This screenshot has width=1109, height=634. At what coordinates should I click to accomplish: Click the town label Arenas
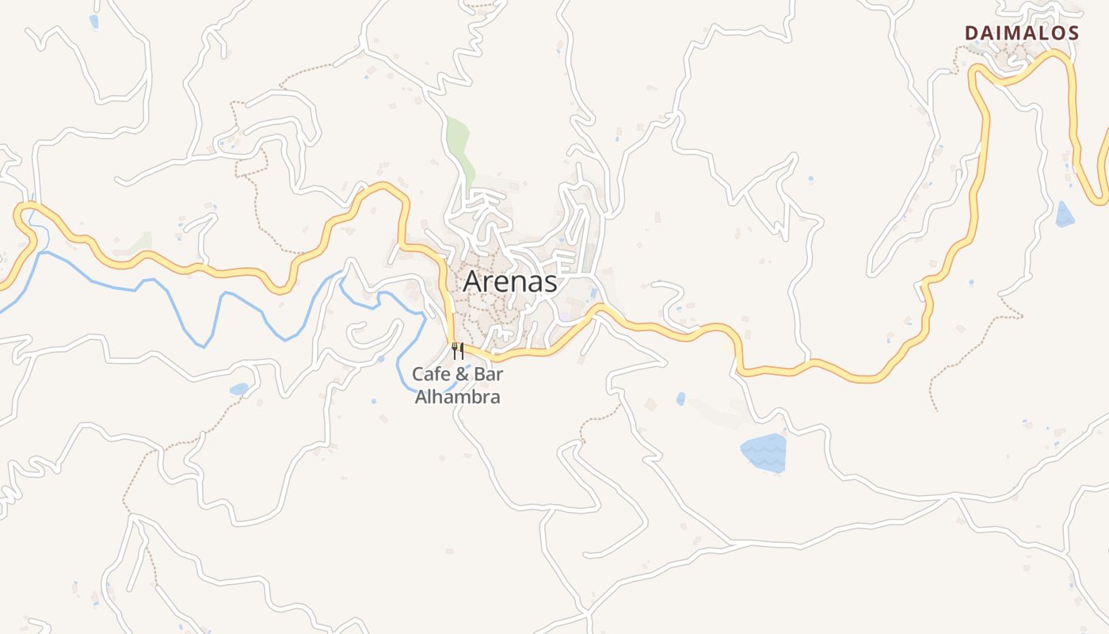[x=510, y=281]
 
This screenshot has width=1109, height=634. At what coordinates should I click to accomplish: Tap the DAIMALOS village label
[x=1022, y=33]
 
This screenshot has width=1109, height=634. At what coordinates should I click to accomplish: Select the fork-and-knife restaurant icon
[x=458, y=350]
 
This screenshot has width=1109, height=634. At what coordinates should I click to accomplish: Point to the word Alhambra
[x=458, y=396]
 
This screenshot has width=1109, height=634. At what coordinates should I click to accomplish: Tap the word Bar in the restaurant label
[x=490, y=374]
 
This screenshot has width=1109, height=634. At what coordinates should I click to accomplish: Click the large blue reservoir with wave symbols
[x=764, y=453]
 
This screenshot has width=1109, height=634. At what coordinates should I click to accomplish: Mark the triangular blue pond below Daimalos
[x=1065, y=215]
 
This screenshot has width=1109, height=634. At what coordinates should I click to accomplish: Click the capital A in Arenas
[x=473, y=281]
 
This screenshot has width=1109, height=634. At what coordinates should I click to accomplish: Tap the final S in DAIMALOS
[x=1073, y=33]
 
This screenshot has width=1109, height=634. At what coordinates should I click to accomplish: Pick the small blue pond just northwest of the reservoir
[x=680, y=399]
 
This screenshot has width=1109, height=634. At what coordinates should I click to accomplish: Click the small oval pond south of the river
[x=238, y=389]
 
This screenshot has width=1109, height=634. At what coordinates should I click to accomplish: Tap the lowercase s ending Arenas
[x=551, y=282]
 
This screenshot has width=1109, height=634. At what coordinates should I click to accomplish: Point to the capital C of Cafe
[x=418, y=374]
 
